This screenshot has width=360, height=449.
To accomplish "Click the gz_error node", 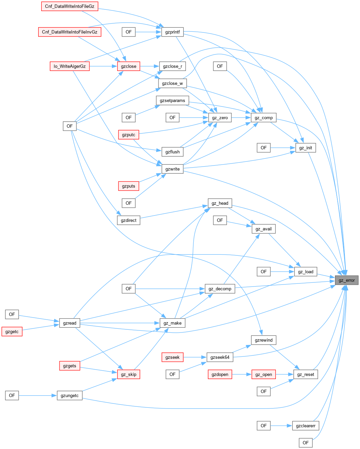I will pos(347,280).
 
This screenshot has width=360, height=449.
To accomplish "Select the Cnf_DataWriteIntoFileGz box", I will pos(70,6).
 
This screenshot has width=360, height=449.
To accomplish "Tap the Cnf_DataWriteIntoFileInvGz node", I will pos(70,32).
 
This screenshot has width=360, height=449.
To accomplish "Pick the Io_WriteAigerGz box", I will pos(70,66).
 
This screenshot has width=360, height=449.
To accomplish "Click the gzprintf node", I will pos(172,32).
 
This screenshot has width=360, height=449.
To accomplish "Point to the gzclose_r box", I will pos(172,66).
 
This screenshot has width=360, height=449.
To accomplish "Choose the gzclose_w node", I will pos(172,83).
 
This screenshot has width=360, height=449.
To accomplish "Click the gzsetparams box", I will pos(172,101).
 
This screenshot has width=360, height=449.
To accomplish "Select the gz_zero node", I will pos(220,118).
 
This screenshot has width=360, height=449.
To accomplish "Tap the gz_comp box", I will pos(264,118).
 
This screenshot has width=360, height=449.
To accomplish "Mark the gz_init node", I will pos(306,148).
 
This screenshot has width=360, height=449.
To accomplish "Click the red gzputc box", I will pos(128,135).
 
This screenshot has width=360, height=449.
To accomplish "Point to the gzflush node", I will pos(172,152).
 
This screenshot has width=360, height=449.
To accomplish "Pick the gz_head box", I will pos(220,203).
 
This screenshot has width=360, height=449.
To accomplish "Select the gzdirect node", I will pos(128,220).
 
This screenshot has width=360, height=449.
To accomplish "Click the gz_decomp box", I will pos(220,289).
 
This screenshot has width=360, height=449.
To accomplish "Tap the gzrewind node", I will pos(264,340).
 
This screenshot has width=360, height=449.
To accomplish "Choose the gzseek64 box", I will pos(220,357).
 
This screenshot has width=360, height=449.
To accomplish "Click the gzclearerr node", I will pos(306,426).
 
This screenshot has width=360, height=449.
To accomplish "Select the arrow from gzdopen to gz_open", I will pos(242,374).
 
